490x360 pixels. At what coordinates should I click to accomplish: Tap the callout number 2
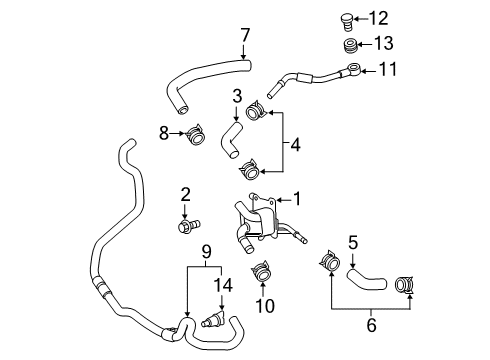tap(185, 193)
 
